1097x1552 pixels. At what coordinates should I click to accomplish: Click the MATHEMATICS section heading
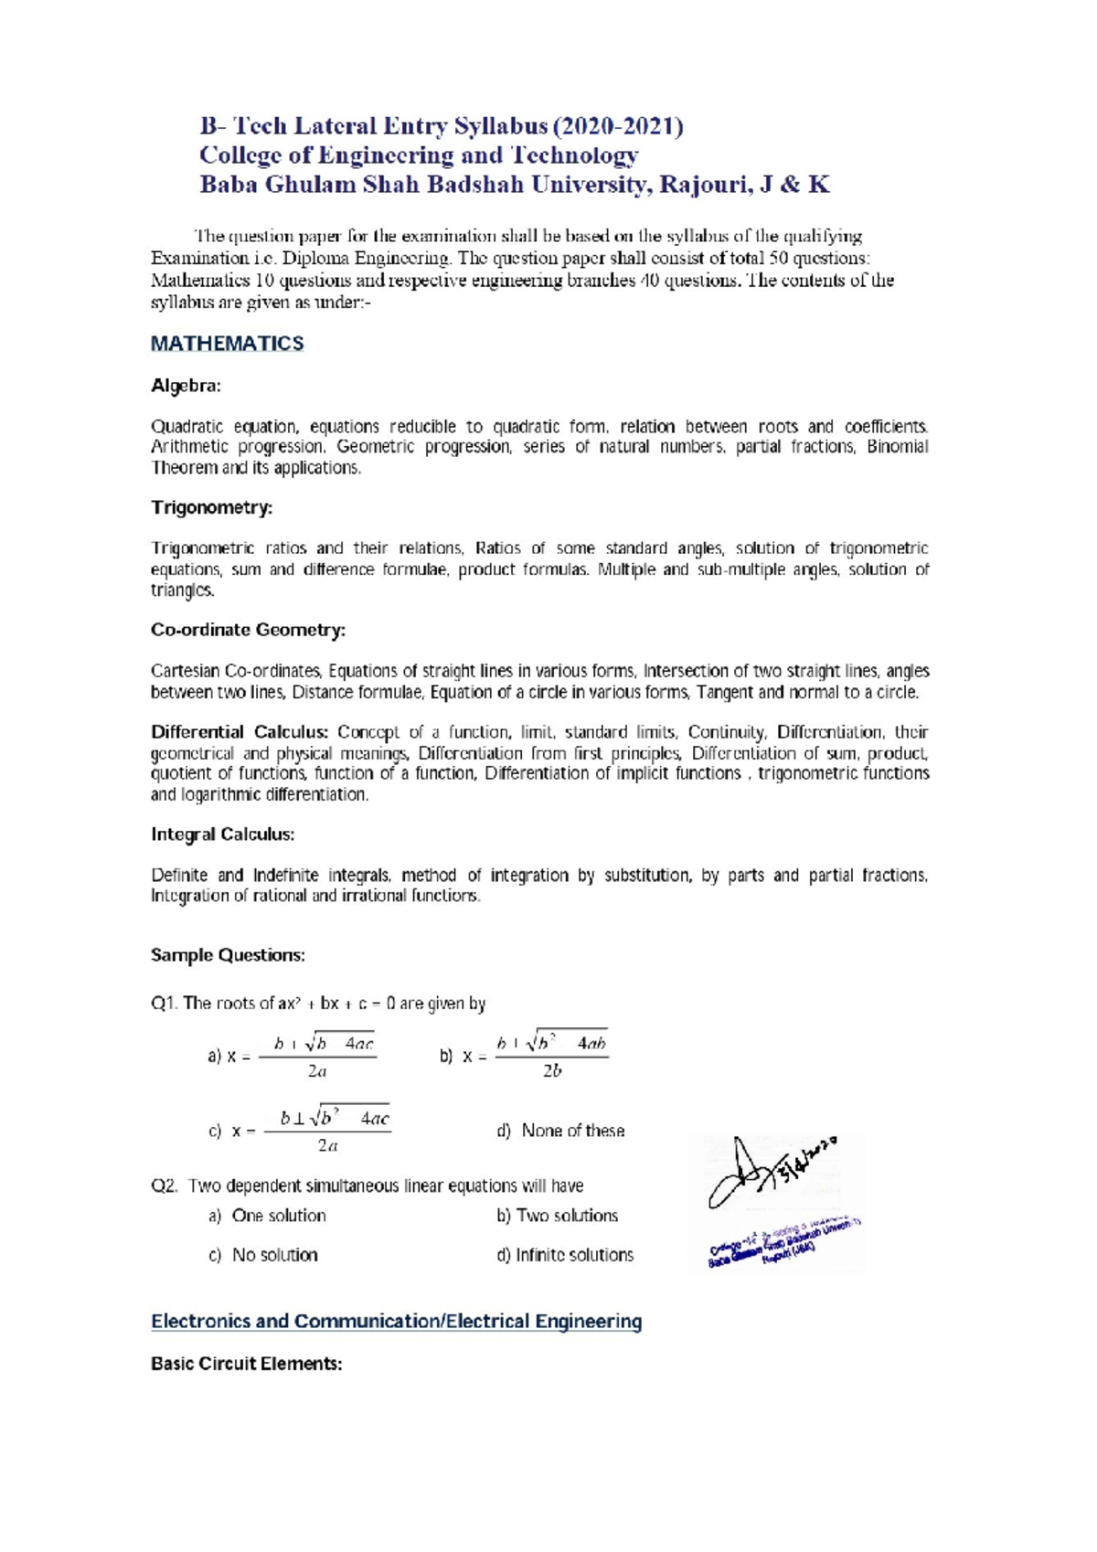[227, 344]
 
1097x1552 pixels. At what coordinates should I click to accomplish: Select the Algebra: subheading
[186, 386]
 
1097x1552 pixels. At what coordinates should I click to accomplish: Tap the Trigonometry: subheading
[211, 507]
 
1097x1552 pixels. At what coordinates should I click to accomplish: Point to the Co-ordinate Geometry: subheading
[248, 630]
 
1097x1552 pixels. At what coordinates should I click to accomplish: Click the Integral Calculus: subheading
[222, 834]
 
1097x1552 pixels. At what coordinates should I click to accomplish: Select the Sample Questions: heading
[228, 955]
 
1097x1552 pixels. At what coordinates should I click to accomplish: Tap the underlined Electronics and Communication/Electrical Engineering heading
[396, 1322]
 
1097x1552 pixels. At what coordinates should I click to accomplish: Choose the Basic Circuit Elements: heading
[246, 1364]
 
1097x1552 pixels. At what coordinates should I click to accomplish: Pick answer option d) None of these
[560, 1131]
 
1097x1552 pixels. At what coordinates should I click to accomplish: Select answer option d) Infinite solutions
[565, 1255]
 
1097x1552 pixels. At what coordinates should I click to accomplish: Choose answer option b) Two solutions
[558, 1216]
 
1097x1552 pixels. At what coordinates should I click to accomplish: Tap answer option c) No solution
[263, 1255]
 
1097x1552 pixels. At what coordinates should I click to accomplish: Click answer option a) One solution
[267, 1216]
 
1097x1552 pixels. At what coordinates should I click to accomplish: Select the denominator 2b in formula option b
[551, 1071]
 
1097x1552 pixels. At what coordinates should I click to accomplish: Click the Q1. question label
[164, 1004]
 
